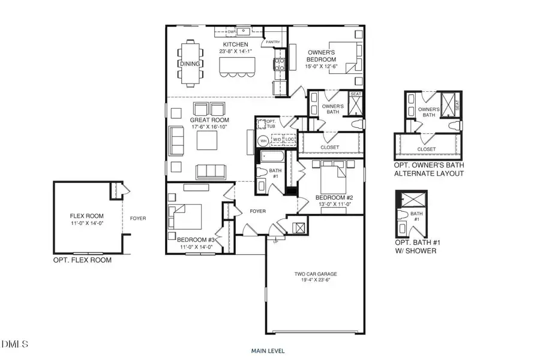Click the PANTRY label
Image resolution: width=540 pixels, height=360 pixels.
click(x=274, y=42)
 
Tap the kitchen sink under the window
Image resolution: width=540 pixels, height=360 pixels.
click(x=244, y=31)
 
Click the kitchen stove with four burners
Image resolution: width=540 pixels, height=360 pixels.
click(x=279, y=61)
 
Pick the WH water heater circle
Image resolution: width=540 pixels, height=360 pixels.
click(x=262, y=141)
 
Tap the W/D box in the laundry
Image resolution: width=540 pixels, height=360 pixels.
click(x=277, y=140)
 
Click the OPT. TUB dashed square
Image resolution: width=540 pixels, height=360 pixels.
click(x=262, y=124)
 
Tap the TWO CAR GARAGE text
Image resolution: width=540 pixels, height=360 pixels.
click(x=314, y=274)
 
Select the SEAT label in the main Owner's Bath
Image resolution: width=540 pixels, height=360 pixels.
click(x=355, y=94)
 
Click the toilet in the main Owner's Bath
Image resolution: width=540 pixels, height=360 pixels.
click(x=358, y=124)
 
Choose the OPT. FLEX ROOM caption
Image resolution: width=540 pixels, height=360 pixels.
click(x=82, y=260)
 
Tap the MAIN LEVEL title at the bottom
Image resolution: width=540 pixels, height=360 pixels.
click(x=268, y=350)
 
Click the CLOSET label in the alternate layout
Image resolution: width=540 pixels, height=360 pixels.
click(x=427, y=148)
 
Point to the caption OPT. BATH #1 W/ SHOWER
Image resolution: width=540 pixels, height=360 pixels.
click(x=415, y=247)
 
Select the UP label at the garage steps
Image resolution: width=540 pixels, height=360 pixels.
click(x=276, y=242)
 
